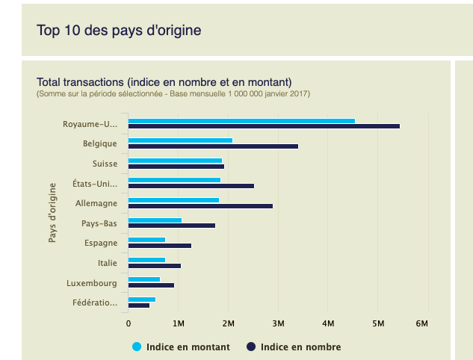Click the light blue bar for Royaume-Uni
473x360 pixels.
[x=241, y=120]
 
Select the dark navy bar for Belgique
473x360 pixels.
[x=213, y=146]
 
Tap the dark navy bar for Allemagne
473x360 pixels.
[x=200, y=205]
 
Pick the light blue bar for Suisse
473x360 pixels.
[x=175, y=160]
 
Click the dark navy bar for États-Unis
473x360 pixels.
[x=191, y=186]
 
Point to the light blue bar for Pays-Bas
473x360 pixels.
[x=155, y=220]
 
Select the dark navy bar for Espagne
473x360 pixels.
[x=160, y=245]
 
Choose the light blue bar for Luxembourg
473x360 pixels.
[x=144, y=279]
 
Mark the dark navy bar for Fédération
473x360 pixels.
[x=139, y=305]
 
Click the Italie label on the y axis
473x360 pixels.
[x=107, y=263]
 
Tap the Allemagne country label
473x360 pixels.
[x=96, y=203]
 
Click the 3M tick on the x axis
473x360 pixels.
[x=278, y=323]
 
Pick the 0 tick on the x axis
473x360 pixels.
[x=129, y=323]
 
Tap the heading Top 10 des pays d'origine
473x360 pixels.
[x=119, y=31]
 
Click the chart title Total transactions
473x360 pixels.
[x=164, y=81]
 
